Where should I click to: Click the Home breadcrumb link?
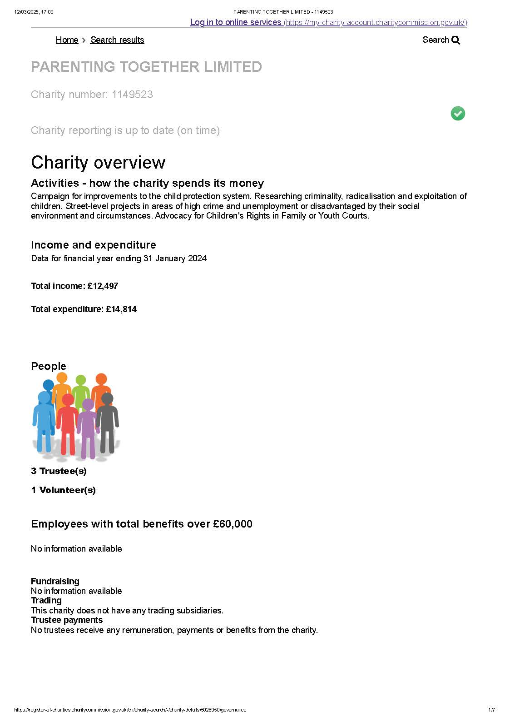click(x=67, y=40)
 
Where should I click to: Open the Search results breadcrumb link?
click(x=117, y=40)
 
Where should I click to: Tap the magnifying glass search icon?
click(x=456, y=40)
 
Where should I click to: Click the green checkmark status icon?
click(x=458, y=113)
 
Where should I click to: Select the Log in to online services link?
click(x=236, y=22)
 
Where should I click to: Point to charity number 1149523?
click(x=132, y=95)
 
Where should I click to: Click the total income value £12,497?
click(x=103, y=286)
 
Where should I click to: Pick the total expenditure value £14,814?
click(x=121, y=309)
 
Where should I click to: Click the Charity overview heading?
click(x=98, y=163)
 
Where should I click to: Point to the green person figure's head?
click(x=81, y=380)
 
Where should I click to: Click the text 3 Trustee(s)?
click(x=59, y=471)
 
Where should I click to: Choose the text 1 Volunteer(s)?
click(x=63, y=490)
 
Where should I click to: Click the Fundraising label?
click(x=55, y=581)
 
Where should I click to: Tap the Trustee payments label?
click(x=67, y=620)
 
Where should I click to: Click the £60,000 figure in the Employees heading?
click(x=233, y=524)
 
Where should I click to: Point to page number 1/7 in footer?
click(x=491, y=710)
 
